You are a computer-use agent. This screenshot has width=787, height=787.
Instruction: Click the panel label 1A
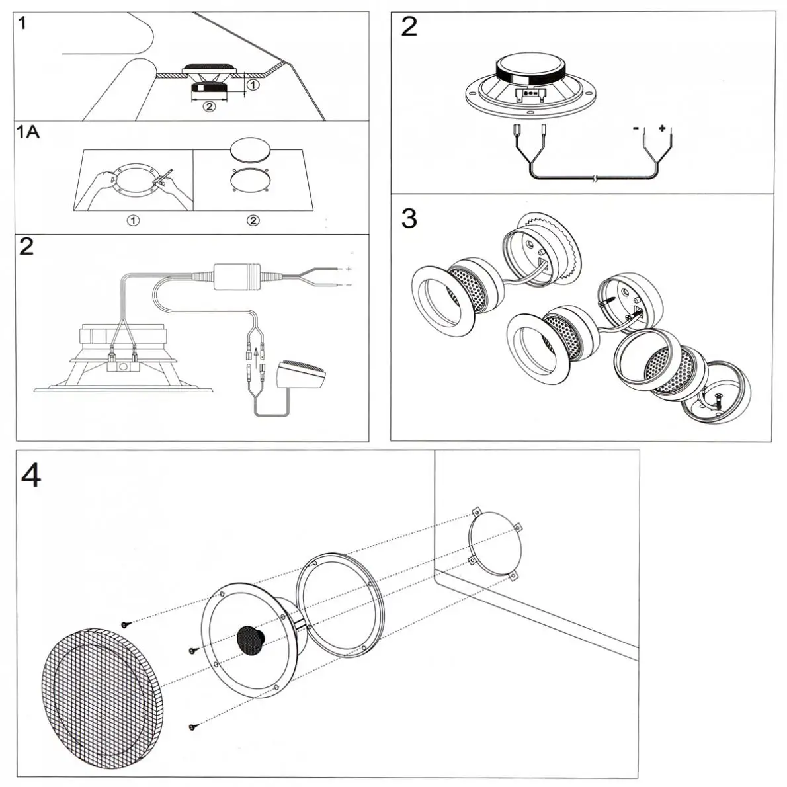pyautogui.click(x=28, y=132)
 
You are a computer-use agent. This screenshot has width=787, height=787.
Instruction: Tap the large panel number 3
pyautogui.click(x=409, y=218)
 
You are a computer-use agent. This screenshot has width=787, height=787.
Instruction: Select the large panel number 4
pyautogui.click(x=31, y=475)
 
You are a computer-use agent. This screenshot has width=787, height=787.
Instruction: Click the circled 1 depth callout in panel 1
pyautogui.click(x=253, y=85)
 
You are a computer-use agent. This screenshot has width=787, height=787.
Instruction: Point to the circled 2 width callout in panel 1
pyautogui.click(x=208, y=106)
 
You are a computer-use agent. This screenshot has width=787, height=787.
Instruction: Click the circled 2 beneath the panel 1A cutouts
pyautogui.click(x=253, y=220)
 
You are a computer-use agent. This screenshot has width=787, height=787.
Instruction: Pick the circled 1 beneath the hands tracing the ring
pyautogui.click(x=133, y=220)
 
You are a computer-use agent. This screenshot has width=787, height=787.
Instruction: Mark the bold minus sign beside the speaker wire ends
pyautogui.click(x=636, y=129)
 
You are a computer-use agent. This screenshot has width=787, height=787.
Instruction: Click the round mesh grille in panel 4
pyautogui.click(x=103, y=688)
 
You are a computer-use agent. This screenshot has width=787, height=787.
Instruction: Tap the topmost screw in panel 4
pyautogui.click(x=126, y=624)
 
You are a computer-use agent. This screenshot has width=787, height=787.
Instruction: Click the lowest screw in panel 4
pyautogui.click(x=192, y=727)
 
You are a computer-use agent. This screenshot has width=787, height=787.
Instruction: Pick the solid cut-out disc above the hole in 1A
pyautogui.click(x=251, y=151)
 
